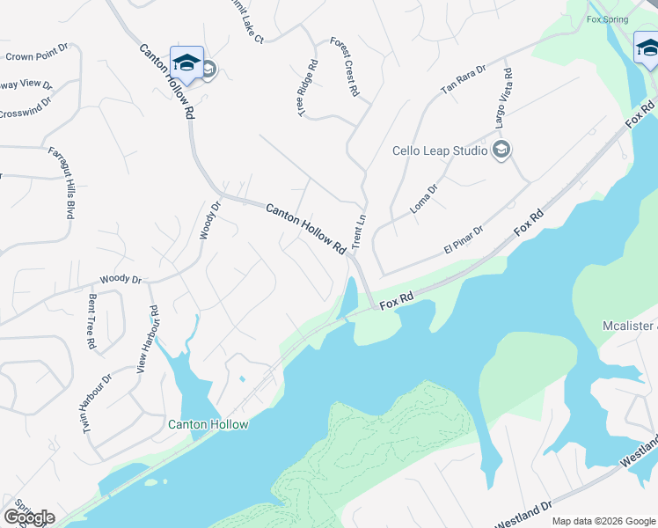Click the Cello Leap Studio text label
click(439, 150)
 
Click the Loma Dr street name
click(424, 201)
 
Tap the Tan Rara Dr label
click(464, 79)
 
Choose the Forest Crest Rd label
click(345, 67)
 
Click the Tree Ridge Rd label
click(306, 89)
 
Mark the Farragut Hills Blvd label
click(60, 182)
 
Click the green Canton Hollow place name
click(208, 424)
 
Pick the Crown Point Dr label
click(36, 55)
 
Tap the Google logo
click(29, 517)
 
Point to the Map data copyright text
click(603, 521)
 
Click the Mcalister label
click(630, 326)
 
